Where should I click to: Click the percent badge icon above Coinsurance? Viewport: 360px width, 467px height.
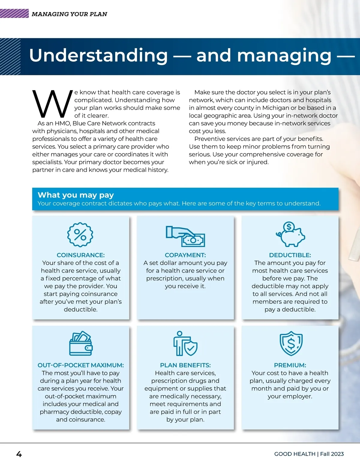click(80, 235)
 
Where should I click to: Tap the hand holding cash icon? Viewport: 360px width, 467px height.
click(185, 236)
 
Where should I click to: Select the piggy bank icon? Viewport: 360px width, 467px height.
click(290, 234)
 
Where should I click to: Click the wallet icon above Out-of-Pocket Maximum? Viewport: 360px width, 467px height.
click(81, 344)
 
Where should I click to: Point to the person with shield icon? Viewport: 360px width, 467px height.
click(185, 344)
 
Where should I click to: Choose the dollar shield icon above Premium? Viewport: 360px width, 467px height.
click(291, 344)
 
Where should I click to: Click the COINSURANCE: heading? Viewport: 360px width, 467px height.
click(80, 255)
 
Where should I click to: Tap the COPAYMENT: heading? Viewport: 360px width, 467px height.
click(185, 255)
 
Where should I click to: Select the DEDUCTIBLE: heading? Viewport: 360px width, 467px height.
click(290, 255)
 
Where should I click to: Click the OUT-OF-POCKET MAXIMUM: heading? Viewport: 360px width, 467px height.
click(80, 365)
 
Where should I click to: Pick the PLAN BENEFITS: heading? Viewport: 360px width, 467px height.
click(185, 365)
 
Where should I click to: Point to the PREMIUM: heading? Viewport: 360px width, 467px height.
click(290, 365)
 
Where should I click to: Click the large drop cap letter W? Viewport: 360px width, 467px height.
click(52, 104)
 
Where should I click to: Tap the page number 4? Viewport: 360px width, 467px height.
click(19, 454)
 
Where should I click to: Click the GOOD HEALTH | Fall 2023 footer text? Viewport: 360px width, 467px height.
click(309, 454)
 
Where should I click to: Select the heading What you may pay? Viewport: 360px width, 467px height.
click(76, 195)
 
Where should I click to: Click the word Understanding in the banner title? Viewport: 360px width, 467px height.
click(98, 55)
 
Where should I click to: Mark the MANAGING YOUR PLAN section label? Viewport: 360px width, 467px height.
click(69, 14)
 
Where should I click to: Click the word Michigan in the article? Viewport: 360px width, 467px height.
click(274, 108)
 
